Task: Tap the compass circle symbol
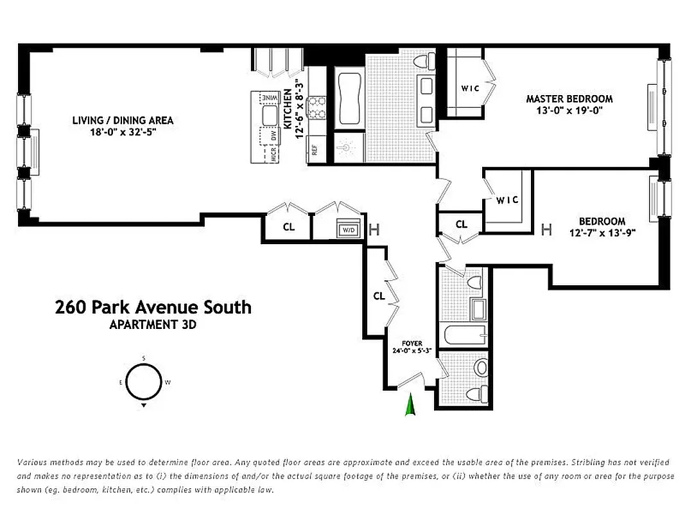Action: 143,382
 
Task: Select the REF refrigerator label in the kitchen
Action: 315,150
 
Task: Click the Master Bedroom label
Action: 569,99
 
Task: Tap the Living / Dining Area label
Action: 123,120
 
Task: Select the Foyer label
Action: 412,344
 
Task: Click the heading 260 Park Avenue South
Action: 153,307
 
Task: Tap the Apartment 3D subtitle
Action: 153,324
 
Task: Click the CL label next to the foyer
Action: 379,296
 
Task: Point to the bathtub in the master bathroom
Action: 349,100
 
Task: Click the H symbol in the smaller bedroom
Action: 547,229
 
